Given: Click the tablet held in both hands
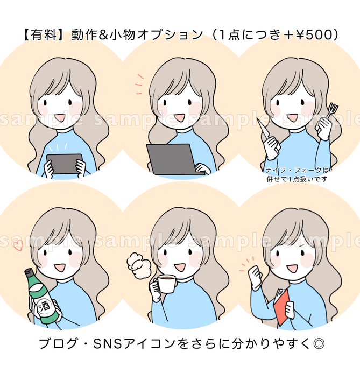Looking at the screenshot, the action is point(64,164).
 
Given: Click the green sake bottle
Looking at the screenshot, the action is point(44,296).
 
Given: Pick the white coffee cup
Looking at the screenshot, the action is point(165,283).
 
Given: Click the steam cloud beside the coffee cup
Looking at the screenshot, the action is point(138,266).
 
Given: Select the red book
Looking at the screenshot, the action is point(282,306).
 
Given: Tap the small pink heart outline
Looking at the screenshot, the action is point(18,246).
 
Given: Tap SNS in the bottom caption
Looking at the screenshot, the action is point(108,344).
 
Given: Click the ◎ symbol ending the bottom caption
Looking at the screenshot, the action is point(318,344).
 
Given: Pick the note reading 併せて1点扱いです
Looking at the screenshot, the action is point(297,179).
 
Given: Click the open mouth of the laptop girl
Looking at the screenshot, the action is point(180,118).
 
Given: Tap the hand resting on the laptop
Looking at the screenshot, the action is point(202,168).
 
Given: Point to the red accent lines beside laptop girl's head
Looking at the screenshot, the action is point(139,85).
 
